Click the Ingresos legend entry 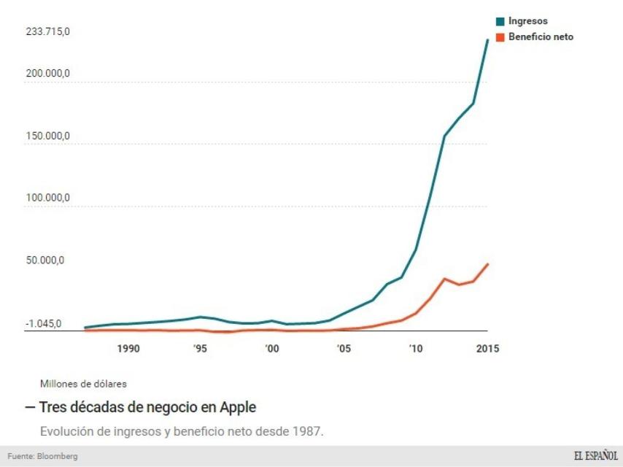click(x=527, y=21)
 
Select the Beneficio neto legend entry click(x=541, y=36)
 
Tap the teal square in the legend click(x=500, y=22)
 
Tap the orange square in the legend click(x=500, y=37)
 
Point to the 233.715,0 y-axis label click(x=47, y=32)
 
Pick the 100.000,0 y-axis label click(x=47, y=198)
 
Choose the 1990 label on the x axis click(x=128, y=349)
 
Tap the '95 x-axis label click(x=199, y=349)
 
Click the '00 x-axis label click(x=271, y=349)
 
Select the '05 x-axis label click(x=343, y=349)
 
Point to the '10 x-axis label click(x=415, y=349)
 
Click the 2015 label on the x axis click(x=487, y=349)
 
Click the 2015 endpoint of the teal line click(x=487, y=39)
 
